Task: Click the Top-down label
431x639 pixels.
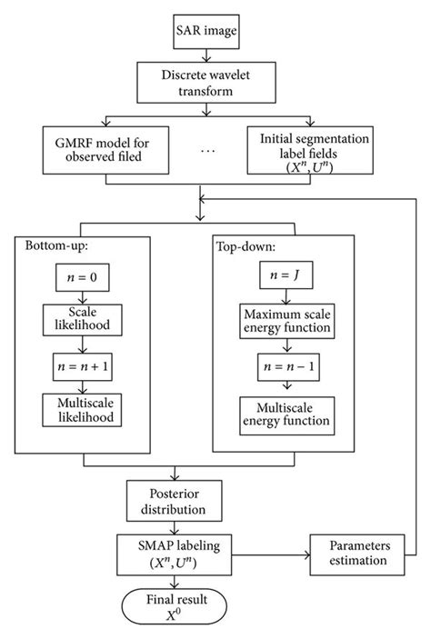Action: [245, 246]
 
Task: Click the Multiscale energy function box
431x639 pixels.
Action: [286, 414]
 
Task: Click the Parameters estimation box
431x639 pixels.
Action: [356, 554]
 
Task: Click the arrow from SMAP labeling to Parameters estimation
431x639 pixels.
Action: [273, 554]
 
